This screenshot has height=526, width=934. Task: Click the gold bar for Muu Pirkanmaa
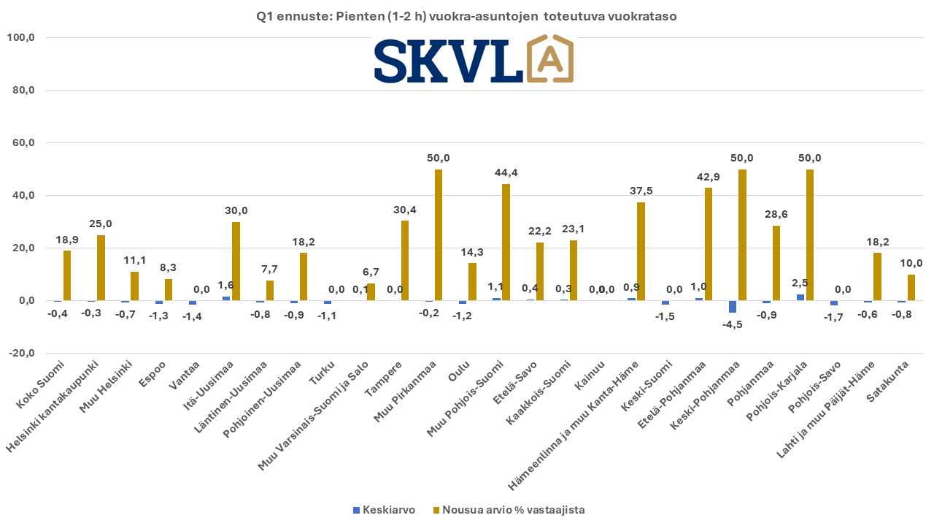point(439,235)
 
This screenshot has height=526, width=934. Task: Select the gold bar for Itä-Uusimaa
point(236,261)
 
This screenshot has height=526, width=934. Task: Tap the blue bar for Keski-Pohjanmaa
point(732,306)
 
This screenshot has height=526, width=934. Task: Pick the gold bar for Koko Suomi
point(67,275)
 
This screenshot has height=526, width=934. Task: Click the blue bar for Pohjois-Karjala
point(800,297)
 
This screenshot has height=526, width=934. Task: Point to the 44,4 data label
point(506,172)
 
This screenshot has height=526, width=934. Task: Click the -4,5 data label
point(732,325)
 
